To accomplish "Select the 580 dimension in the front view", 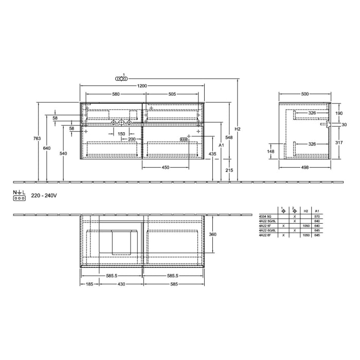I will pos(116,94).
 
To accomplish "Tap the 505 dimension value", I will pos(172,94).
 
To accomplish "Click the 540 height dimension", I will pos(63,153).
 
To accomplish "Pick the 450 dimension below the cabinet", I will pos(166,168).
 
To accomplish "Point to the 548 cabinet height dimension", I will pos(229,137).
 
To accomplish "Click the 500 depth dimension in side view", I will pos(305,94).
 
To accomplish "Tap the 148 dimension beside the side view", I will pos(271,151).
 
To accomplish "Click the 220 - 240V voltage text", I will pos(44,196).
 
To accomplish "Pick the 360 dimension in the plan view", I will pos(212,235).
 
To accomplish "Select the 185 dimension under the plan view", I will pos(89,284).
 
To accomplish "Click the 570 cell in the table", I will pos(317,218).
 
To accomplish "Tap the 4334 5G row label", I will pos(265,218).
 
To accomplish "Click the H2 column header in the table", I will pos(305,211).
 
